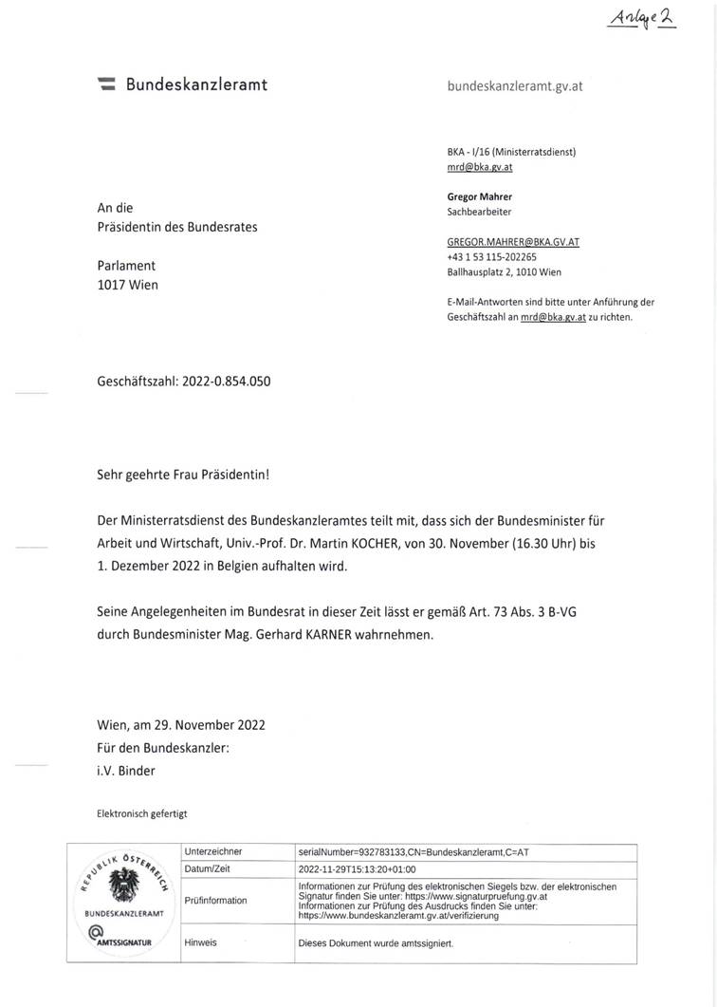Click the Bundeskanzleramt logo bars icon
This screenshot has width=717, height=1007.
[x=107, y=84]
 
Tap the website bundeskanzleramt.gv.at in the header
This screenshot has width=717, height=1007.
[x=514, y=85]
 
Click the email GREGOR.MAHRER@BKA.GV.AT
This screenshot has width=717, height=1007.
[x=512, y=242]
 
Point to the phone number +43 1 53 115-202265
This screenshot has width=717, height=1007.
[x=491, y=256]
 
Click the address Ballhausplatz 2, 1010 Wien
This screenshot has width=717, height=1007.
[x=504, y=271]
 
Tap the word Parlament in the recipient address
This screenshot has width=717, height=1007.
[x=126, y=265]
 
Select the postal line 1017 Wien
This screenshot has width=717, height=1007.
[x=127, y=284]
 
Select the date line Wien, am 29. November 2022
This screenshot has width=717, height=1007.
[x=181, y=724]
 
